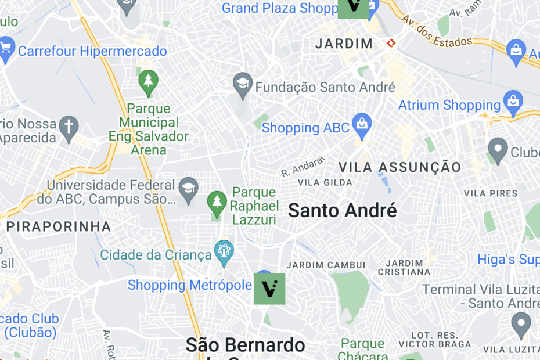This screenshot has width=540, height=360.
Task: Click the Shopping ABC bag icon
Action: [362, 124]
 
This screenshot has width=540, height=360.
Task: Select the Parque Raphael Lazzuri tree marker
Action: [217, 203]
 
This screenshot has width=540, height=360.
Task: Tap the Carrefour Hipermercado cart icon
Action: [6, 49]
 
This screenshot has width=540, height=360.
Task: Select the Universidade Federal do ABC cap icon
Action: [188, 189]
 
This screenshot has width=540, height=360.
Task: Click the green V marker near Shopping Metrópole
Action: [269, 289]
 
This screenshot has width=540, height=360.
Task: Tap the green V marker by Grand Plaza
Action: [354, 6]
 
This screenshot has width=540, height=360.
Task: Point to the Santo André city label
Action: [342, 210]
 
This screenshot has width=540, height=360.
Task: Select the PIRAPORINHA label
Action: [58, 226]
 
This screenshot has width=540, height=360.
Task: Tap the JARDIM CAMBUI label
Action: [326, 265]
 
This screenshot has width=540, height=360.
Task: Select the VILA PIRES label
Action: [491, 193]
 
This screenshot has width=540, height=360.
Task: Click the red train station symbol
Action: [391, 43]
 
